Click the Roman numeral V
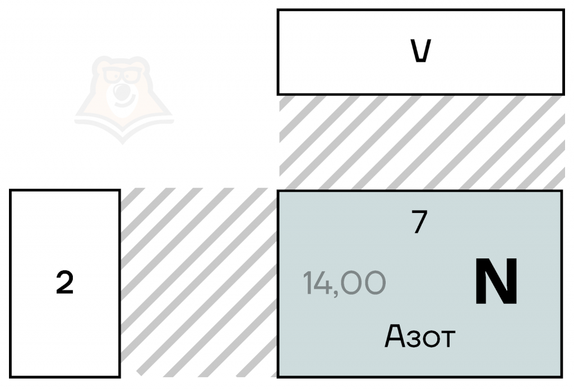tap(420, 52)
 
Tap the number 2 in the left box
tap(65, 284)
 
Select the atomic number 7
tap(419, 224)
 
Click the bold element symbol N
tap(496, 283)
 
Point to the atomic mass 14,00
tap(344, 283)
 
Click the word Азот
tap(420, 337)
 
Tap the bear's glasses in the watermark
tap(123, 75)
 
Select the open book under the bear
tap(124, 124)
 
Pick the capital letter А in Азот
tap(394, 336)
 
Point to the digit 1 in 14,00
tap(308, 283)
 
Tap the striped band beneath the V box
tap(420, 140)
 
